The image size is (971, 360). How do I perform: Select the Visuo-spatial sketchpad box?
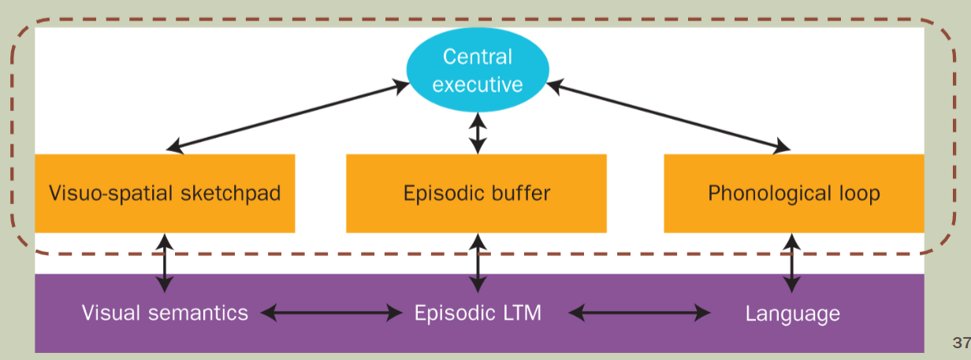[x=165, y=194]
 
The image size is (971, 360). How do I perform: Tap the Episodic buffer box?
[x=476, y=194]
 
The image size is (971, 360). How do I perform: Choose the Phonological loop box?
[x=794, y=194]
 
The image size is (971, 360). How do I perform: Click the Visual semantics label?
[x=165, y=313]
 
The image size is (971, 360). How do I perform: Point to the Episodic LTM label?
[x=478, y=313]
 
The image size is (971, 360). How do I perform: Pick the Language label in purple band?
[x=792, y=314]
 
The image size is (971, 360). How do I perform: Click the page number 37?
[x=961, y=342]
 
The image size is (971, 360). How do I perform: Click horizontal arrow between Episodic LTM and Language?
[x=639, y=313]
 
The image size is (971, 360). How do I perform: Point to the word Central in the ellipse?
[x=477, y=57]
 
